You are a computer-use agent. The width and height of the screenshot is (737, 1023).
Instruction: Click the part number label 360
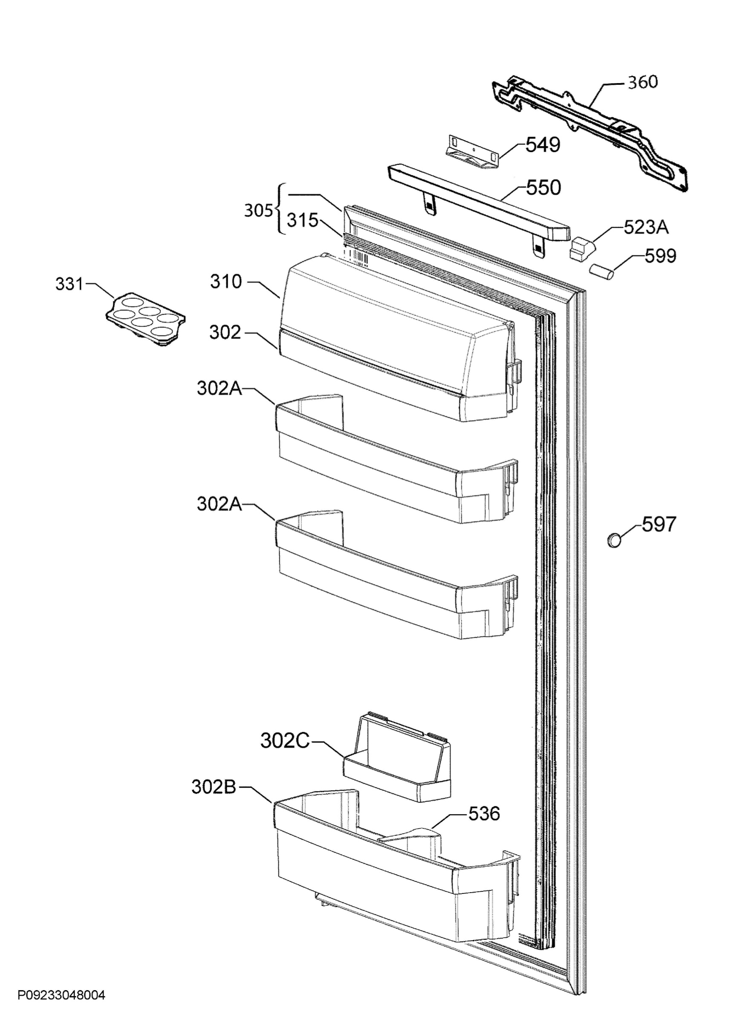[x=643, y=82]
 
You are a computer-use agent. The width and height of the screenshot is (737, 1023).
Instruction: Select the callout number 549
[x=543, y=145]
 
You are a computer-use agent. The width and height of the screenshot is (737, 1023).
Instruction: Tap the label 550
[x=543, y=188]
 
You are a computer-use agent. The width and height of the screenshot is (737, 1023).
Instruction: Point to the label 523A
[x=646, y=227]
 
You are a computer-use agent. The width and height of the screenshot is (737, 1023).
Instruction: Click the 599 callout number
[x=660, y=256]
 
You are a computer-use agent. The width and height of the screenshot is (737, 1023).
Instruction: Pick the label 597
[x=659, y=524]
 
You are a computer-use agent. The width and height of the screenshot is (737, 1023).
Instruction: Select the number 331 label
[x=69, y=284]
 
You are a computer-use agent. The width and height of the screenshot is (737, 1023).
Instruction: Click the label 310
[x=226, y=281]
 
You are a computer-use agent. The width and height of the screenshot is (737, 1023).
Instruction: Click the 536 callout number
[x=484, y=814]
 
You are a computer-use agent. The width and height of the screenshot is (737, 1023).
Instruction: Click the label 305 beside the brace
[x=258, y=210]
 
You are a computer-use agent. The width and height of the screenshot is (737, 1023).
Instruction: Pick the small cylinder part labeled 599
[x=601, y=272]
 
